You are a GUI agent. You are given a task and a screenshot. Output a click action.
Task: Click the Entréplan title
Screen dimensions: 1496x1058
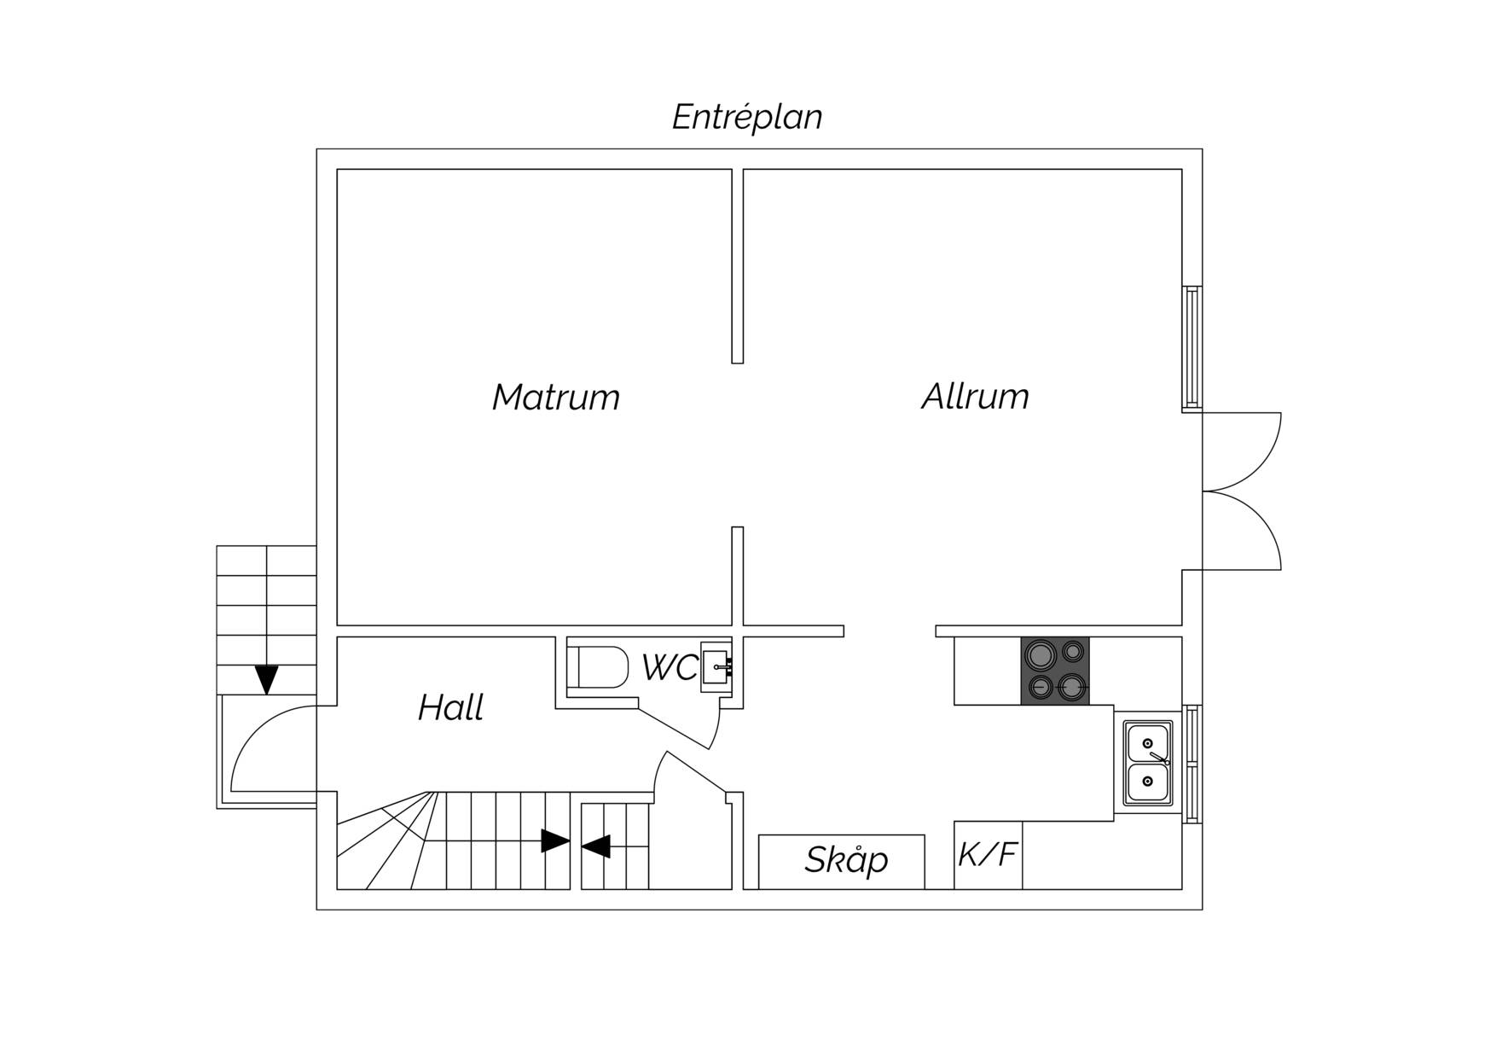click(747, 117)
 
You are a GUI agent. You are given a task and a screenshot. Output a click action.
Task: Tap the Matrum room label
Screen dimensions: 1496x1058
click(556, 398)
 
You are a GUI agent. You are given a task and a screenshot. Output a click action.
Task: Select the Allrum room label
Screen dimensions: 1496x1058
click(975, 397)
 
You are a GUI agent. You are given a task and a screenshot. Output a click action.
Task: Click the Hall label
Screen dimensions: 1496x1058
click(450, 707)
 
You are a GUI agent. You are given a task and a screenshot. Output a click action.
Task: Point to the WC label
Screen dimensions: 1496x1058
click(670, 668)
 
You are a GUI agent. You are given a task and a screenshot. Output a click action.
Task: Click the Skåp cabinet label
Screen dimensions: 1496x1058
click(846, 859)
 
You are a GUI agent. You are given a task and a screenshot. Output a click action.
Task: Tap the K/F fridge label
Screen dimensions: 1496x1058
click(989, 854)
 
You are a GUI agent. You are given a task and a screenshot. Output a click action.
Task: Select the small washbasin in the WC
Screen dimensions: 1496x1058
click(716, 667)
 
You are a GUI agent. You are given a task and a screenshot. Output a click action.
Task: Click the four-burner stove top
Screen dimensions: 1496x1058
click(1055, 671)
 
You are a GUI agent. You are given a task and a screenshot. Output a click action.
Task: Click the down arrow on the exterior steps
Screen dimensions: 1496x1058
click(267, 679)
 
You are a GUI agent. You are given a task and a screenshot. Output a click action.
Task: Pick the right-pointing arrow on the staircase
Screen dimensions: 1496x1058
click(555, 841)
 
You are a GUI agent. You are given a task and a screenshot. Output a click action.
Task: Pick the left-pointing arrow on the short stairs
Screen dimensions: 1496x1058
click(595, 846)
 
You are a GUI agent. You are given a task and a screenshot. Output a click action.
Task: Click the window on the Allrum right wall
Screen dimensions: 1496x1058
click(1192, 346)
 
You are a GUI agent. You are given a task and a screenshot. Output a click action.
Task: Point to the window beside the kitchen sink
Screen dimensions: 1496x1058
click(1192, 764)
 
